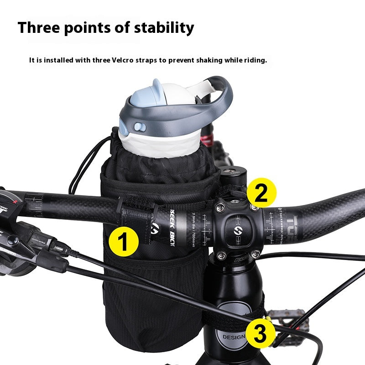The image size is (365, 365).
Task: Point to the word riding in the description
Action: click(253, 60)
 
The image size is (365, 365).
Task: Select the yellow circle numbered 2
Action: click(261, 194)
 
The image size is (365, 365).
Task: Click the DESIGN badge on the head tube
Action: click(234, 337)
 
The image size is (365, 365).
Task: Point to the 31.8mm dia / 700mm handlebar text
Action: click(188, 224)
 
